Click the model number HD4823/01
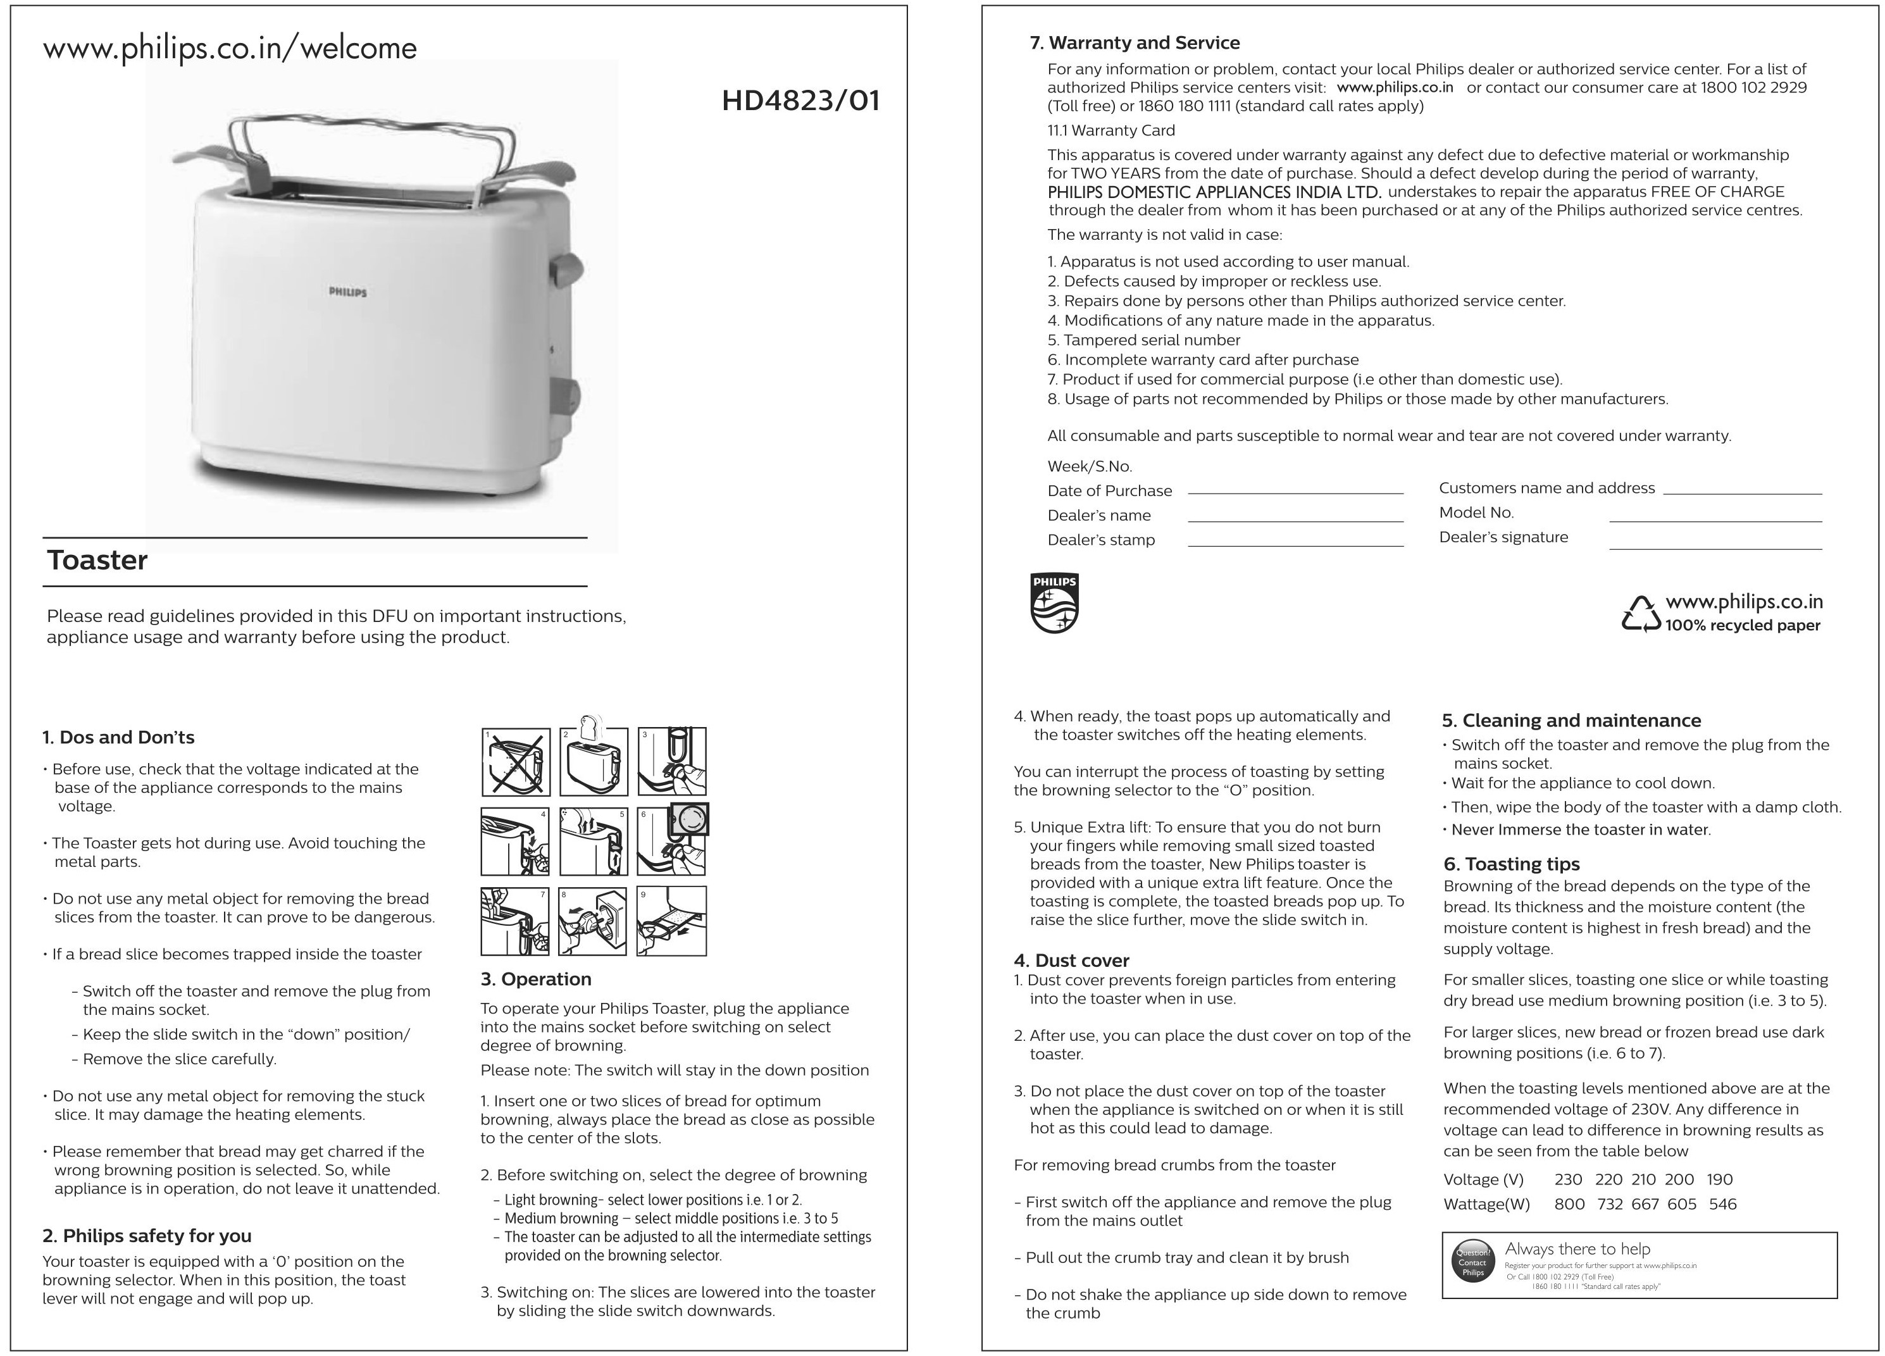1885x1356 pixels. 800,101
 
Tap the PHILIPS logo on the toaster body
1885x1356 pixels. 347,292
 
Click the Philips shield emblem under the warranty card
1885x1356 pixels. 1054,602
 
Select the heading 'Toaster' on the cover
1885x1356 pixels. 97,561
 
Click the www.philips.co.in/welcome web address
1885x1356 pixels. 230,48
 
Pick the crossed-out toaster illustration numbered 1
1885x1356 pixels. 515,762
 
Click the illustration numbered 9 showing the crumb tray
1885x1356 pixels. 671,921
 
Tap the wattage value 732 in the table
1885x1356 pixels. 1609,1204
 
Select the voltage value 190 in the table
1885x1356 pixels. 1720,1179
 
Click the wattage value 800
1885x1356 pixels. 1569,1204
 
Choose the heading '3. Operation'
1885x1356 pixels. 535,979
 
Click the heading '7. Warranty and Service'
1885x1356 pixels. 1135,43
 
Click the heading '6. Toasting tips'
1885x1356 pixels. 1511,864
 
